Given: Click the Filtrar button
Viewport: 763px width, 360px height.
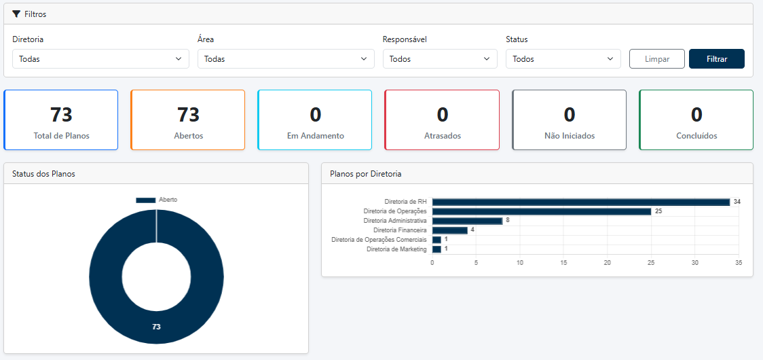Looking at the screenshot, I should pyautogui.click(x=716, y=59).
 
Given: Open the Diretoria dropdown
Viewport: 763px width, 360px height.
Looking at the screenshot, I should pyautogui.click(x=100, y=59).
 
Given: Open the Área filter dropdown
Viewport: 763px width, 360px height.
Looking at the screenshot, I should pyautogui.click(x=286, y=59).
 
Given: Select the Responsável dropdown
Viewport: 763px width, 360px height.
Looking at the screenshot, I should pyautogui.click(x=440, y=59).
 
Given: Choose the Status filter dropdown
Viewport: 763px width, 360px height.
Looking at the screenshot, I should pyautogui.click(x=563, y=59).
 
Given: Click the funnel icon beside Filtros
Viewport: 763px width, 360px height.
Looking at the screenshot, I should pyautogui.click(x=16, y=14).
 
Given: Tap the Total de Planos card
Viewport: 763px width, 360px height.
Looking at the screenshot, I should pyautogui.click(x=61, y=120).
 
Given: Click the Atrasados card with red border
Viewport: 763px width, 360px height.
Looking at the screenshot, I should pyautogui.click(x=442, y=120).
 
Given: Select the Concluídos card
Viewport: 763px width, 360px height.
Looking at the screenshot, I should pyautogui.click(x=696, y=120).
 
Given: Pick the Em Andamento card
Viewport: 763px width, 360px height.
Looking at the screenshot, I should pyautogui.click(x=315, y=120).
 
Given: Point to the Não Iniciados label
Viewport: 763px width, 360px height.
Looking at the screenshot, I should pyautogui.click(x=569, y=136).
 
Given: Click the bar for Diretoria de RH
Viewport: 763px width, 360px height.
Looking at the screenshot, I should pyautogui.click(x=580, y=202).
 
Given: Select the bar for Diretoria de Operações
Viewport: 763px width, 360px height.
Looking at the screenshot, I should pyautogui.click(x=542, y=211).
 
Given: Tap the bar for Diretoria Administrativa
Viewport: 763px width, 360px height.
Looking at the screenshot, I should pyautogui.click(x=467, y=221).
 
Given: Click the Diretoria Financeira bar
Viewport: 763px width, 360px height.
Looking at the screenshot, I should pyautogui.click(x=449, y=230).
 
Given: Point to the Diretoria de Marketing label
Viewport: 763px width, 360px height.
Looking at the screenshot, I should pyautogui.click(x=396, y=249).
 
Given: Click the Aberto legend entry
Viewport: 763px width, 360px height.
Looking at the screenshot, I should pyautogui.click(x=157, y=200).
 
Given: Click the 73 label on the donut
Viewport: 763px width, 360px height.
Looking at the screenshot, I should pyautogui.click(x=156, y=327).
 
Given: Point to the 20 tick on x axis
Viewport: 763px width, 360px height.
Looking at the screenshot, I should pyautogui.click(x=607, y=262).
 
